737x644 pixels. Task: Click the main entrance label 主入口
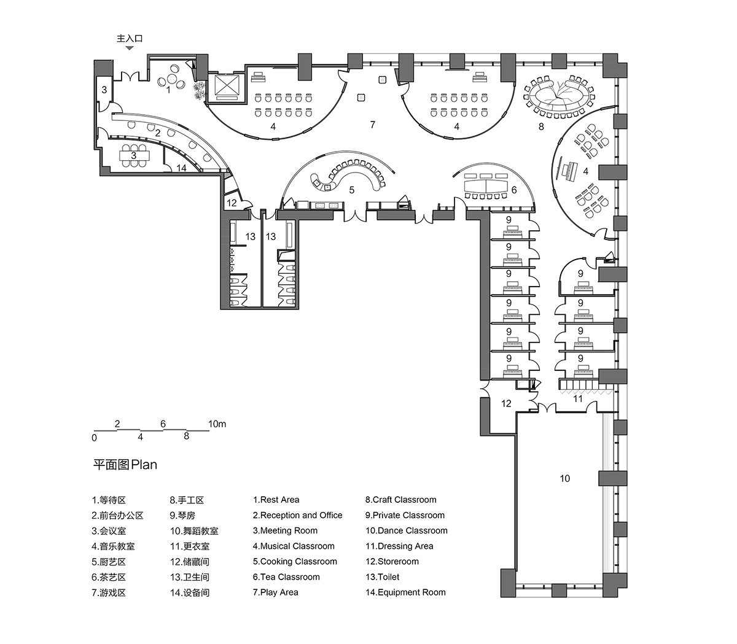pos(130,38)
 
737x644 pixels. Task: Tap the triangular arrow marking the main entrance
pos(130,48)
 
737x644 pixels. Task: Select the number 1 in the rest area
pos(168,90)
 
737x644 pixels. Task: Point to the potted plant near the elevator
pos(198,91)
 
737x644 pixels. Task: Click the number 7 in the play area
pos(372,125)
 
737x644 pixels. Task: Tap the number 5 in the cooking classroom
pos(352,190)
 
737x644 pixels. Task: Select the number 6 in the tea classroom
pos(513,190)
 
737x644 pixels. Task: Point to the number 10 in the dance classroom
pos(564,478)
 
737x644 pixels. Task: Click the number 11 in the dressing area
pos(577,399)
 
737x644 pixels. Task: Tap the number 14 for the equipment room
pos(181,167)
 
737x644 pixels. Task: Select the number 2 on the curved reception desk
pos(158,133)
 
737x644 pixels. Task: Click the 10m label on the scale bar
pos(217,424)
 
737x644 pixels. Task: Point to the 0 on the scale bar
pos(94,438)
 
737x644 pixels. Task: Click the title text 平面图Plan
pos(125,465)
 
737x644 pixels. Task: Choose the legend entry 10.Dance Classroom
pos(407,530)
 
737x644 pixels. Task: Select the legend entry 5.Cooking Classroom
pos(295,561)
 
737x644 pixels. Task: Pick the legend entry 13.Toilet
pos(382,576)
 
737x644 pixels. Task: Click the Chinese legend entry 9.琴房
pos(182,515)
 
